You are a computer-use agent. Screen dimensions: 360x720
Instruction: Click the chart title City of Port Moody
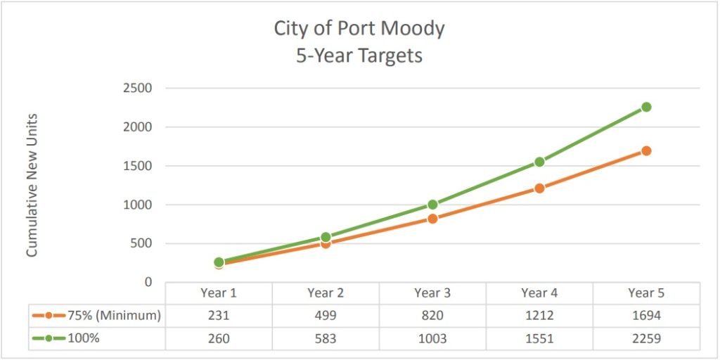click(x=359, y=29)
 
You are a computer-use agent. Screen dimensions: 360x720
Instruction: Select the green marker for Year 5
click(x=646, y=107)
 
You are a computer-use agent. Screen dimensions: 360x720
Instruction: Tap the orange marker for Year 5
click(x=646, y=150)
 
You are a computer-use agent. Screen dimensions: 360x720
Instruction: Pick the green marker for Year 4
click(x=539, y=162)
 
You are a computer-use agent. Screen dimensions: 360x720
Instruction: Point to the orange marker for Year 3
click(x=432, y=219)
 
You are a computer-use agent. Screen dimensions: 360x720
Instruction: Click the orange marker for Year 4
click(x=539, y=188)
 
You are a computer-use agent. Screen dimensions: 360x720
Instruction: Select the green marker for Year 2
click(x=326, y=237)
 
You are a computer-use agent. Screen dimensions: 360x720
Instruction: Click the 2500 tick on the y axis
click(x=139, y=89)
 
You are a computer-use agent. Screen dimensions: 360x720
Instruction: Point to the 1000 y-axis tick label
click(x=139, y=205)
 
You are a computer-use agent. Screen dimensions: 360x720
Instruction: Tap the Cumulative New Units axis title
click(x=32, y=185)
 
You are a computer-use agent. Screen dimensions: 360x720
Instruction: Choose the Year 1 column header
click(x=219, y=292)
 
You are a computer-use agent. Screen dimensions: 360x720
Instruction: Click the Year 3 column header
click(x=432, y=292)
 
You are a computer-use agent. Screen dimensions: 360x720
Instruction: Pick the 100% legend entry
click(x=67, y=338)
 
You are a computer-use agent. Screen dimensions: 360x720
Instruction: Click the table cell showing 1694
click(x=646, y=316)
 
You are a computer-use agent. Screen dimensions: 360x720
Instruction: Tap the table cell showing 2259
click(x=646, y=338)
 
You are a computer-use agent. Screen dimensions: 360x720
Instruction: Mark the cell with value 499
click(x=326, y=316)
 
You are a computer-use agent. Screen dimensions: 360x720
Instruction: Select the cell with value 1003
click(x=432, y=338)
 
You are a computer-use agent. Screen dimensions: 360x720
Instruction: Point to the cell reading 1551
click(x=539, y=338)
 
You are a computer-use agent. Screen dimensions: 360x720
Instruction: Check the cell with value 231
click(x=219, y=316)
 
